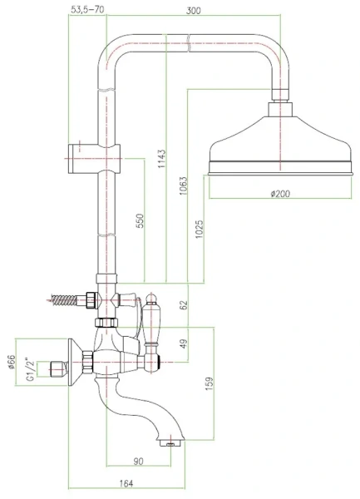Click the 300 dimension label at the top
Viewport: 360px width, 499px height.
[x=194, y=11]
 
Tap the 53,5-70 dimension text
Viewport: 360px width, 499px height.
[x=87, y=10]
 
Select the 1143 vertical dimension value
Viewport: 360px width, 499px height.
[x=162, y=159]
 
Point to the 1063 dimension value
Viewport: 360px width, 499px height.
[x=184, y=185]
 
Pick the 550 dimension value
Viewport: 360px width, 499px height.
[x=141, y=221]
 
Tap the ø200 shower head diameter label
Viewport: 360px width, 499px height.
[x=280, y=194]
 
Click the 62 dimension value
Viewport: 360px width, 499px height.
[x=184, y=304]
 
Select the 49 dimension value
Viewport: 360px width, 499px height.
[x=184, y=343]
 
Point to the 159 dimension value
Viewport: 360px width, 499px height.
[x=210, y=383]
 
